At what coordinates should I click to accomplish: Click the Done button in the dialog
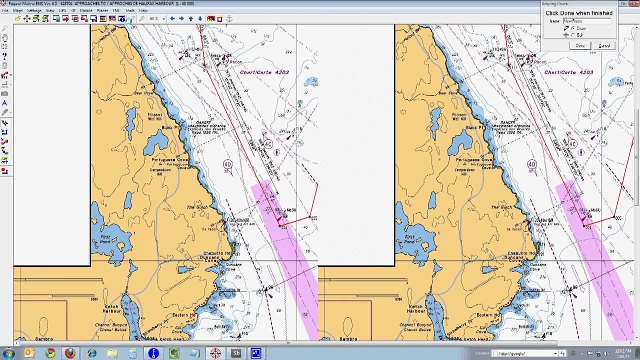coord(580,45)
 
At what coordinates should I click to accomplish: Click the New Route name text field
coord(587,21)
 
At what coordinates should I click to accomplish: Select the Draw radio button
coord(573,28)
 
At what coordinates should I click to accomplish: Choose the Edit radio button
coord(573,35)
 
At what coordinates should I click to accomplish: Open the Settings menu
coord(34,10)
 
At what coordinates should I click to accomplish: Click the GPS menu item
coord(62,10)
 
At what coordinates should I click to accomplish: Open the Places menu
coord(102,10)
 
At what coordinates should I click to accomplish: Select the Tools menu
coord(130,10)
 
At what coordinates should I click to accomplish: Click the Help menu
coord(143,10)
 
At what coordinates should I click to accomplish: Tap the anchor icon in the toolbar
coord(229,19)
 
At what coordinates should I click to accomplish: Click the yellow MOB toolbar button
coord(211,19)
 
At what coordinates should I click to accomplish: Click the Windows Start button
coord(8,353)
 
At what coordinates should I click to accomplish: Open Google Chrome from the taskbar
coord(50,353)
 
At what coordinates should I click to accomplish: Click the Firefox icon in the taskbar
coord(70,353)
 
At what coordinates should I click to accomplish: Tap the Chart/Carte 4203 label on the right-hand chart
coord(568,72)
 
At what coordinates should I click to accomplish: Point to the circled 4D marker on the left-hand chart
coord(227,164)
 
